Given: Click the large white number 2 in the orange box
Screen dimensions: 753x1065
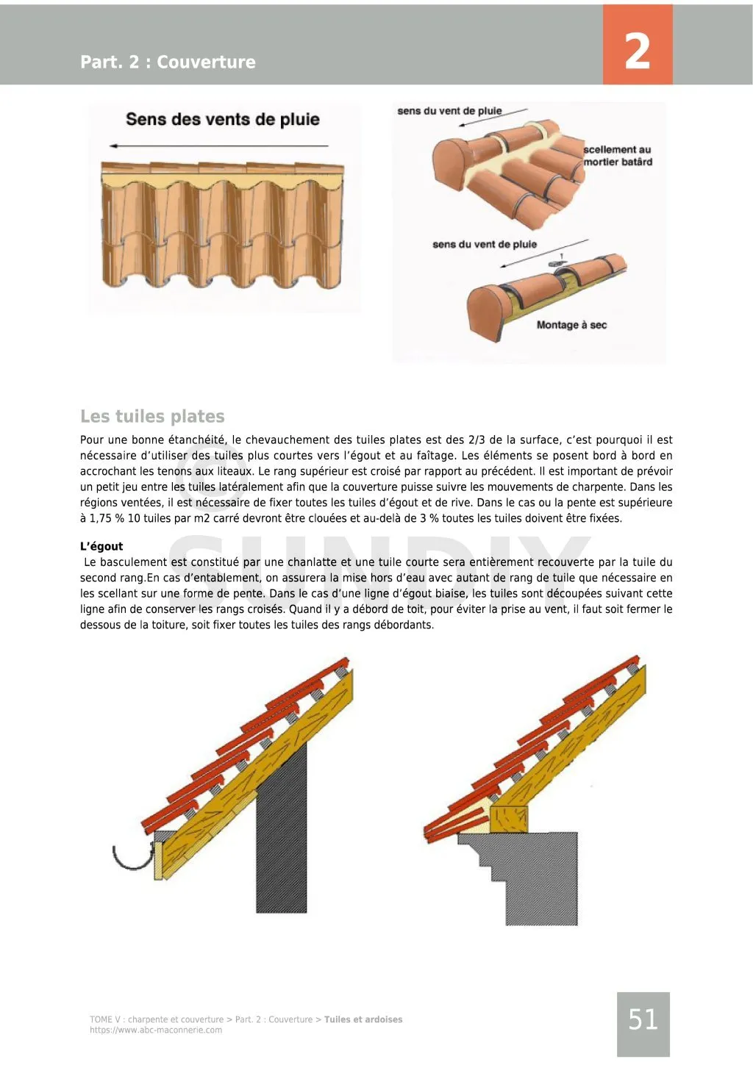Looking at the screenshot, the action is pyautogui.click(x=637, y=52).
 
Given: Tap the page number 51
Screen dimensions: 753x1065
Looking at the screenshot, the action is pyautogui.click(x=643, y=1019).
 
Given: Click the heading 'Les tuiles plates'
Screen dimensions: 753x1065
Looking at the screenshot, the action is pyautogui.click(x=152, y=416).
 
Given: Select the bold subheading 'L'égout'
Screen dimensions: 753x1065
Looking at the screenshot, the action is pyautogui.click(x=101, y=546).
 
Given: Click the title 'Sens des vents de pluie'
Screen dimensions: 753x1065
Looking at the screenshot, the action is pyautogui.click(x=223, y=119).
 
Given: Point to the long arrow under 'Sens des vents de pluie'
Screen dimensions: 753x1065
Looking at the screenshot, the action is pyautogui.click(x=218, y=146).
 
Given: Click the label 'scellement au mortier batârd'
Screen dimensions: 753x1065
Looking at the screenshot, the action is pyautogui.click(x=618, y=156).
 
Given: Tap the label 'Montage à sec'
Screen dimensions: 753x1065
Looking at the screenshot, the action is pyautogui.click(x=571, y=325).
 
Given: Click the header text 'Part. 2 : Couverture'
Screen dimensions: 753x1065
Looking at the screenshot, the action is pyautogui.click(x=168, y=62).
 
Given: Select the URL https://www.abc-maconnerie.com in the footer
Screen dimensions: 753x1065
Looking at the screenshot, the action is pyautogui.click(x=156, y=1030).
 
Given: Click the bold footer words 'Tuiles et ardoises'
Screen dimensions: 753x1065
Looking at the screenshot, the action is pyautogui.click(x=363, y=1019).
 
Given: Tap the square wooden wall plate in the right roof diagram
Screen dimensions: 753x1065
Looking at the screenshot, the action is pyautogui.click(x=509, y=819).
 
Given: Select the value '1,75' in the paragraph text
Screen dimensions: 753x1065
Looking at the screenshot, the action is pyautogui.click(x=101, y=518).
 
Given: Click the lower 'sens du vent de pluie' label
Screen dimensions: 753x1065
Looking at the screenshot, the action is pyautogui.click(x=485, y=244).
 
